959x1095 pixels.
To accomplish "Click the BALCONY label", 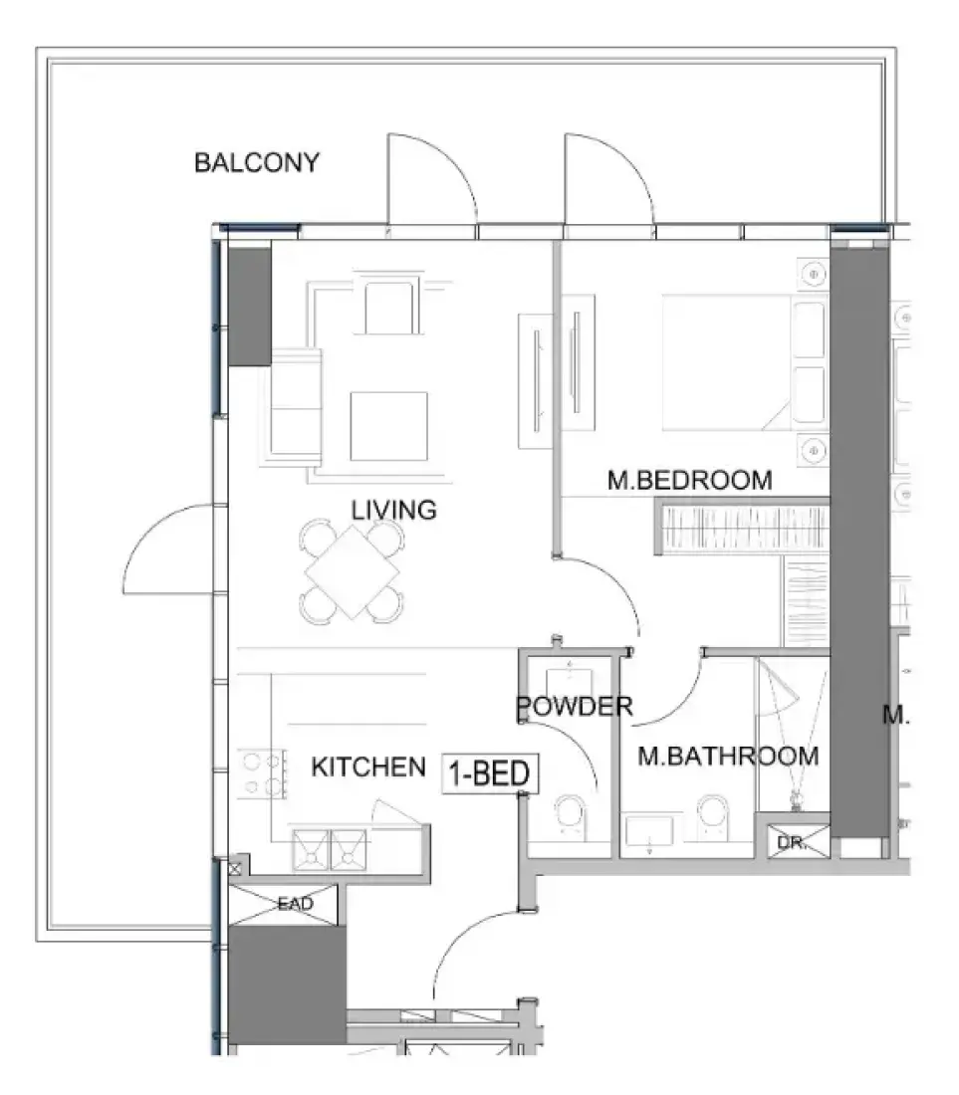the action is coord(256,162).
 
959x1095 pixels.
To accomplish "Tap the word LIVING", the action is coord(394,510).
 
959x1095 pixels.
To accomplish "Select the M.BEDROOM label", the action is coord(689,481).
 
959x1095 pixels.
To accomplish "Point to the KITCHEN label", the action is coord(368,766).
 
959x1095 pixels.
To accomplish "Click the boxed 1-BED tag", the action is coord(490,773).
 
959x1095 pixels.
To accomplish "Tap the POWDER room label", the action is coord(575,707).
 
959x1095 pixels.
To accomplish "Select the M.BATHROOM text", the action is coord(728,757).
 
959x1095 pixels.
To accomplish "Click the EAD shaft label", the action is coord(295,904).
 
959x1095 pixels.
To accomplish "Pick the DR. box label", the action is coord(792,843).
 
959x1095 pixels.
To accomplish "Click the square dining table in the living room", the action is coord(352,572).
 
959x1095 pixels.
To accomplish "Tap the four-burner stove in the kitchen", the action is coord(262,773).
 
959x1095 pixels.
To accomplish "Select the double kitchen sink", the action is coord(329,849).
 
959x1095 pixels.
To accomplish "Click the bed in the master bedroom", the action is coord(745,362).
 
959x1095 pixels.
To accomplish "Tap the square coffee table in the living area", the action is coord(389,426).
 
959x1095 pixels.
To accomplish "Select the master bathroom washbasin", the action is coord(649,832).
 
